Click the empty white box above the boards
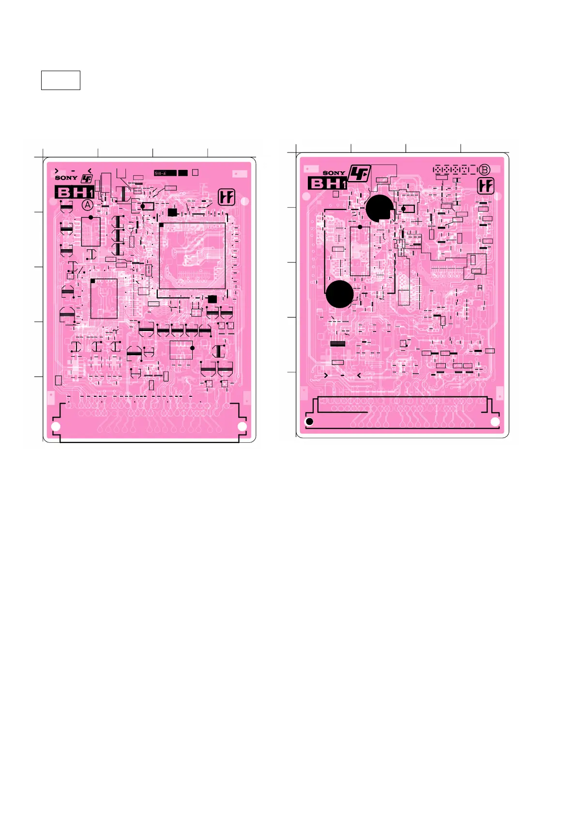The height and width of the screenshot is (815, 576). tap(61, 80)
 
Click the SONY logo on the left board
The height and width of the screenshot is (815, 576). tap(66, 178)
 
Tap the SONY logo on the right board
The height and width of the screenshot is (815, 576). tap(334, 173)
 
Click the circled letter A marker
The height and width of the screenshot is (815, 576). tap(88, 205)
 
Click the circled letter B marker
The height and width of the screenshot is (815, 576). tap(485, 170)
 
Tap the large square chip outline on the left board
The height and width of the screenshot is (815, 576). tap(192, 256)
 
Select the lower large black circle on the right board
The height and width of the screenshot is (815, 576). tap(339, 294)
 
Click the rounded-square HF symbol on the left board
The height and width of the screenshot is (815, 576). tap(227, 197)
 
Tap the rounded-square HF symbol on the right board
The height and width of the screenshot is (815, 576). tap(486, 186)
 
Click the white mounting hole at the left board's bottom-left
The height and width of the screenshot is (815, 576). tap(56, 426)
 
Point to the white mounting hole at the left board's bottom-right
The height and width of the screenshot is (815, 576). tap(242, 426)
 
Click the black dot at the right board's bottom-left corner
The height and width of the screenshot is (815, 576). tap(310, 422)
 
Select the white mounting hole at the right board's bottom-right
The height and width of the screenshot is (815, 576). tap(495, 422)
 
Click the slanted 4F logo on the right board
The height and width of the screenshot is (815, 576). tap(359, 173)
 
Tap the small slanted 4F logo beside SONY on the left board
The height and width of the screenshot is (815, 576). tap(87, 178)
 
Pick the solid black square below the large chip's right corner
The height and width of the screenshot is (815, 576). tap(212, 299)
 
